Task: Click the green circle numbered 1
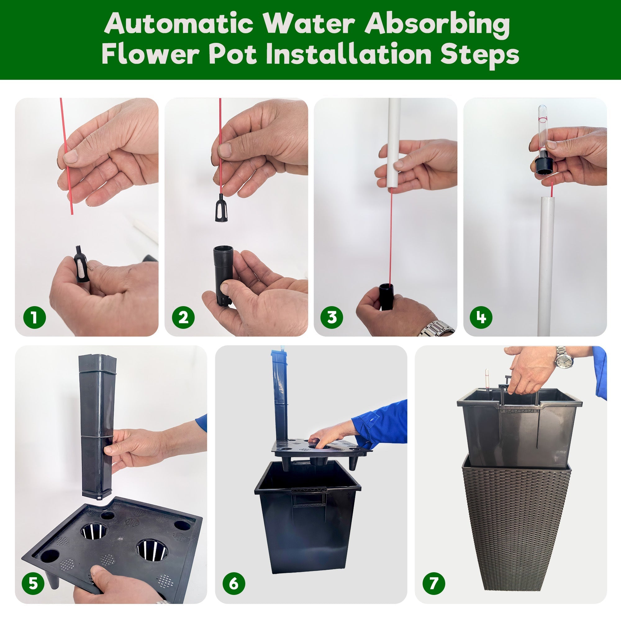(x=35, y=317)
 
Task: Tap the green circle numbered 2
(x=183, y=317)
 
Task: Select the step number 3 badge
(x=332, y=317)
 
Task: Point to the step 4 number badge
(x=481, y=317)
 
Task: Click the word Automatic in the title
(x=179, y=24)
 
